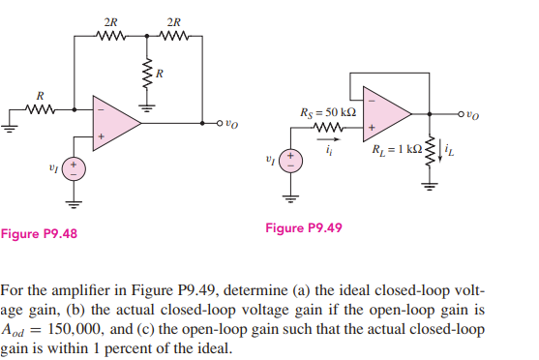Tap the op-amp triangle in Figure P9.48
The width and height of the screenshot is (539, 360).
point(114,123)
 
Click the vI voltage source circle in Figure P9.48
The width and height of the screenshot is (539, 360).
point(74,168)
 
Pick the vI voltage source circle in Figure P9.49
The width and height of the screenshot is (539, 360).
point(287,159)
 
